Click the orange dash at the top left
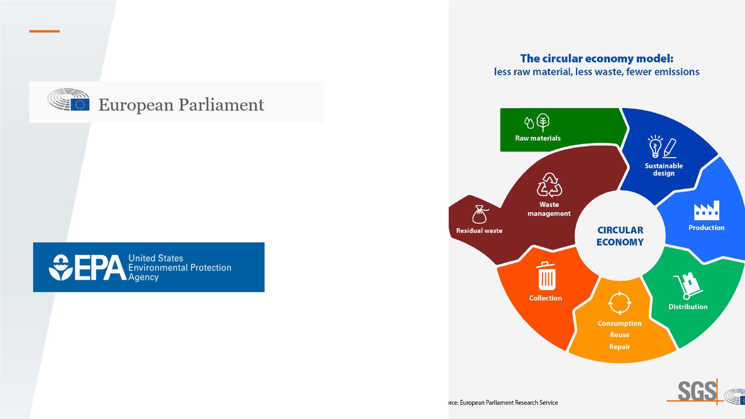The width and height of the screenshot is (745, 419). click(45, 31)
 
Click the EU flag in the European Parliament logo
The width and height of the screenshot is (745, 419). click(80, 104)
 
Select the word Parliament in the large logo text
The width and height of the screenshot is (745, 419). click(221, 105)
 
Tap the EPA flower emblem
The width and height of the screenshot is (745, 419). click(61, 268)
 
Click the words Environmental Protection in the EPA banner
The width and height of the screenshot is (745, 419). click(180, 268)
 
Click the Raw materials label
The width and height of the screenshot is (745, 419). click(538, 138)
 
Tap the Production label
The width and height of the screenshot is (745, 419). click(707, 228)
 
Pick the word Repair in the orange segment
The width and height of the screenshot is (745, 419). click(619, 347)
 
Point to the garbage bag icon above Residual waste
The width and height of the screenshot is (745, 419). click(480, 214)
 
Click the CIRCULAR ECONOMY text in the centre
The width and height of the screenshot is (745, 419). click(620, 236)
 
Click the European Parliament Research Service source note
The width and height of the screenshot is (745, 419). click(503, 402)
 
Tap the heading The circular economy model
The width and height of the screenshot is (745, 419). click(597, 59)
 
